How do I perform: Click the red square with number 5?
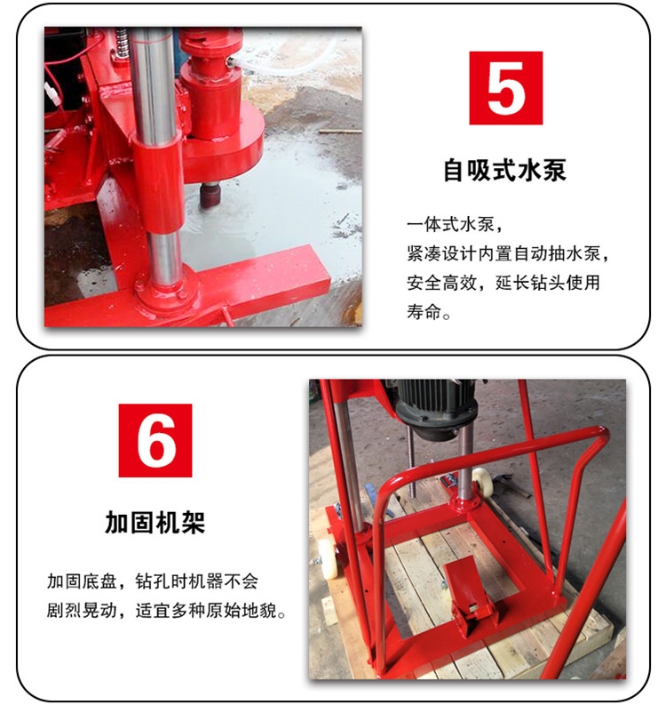pos(505,88)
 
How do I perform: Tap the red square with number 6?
pos(155,440)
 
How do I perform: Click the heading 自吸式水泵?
pos(504,170)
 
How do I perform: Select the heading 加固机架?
pos(155,523)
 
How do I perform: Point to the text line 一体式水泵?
pos(455,224)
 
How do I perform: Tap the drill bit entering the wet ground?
pos(211,196)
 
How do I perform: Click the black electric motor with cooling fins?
pos(435,404)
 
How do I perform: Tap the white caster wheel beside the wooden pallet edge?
pos(326,558)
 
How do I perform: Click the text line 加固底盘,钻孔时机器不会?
pos(152,581)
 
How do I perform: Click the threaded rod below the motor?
pos(412,464)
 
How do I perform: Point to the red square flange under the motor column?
pos(465,503)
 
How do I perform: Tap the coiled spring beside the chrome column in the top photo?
pos(122,43)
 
